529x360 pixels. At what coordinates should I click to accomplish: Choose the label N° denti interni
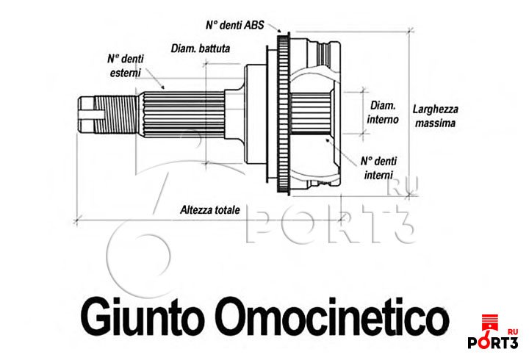click(378, 168)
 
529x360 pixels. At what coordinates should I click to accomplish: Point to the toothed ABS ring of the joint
click(281, 110)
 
